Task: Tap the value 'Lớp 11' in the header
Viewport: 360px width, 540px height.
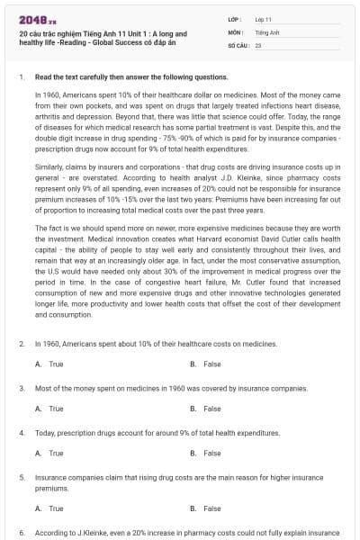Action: [264, 18]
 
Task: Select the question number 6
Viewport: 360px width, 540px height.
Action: [21, 534]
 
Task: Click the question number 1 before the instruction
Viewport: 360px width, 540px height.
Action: [21, 77]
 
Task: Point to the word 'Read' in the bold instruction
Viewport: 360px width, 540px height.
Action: [43, 77]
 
